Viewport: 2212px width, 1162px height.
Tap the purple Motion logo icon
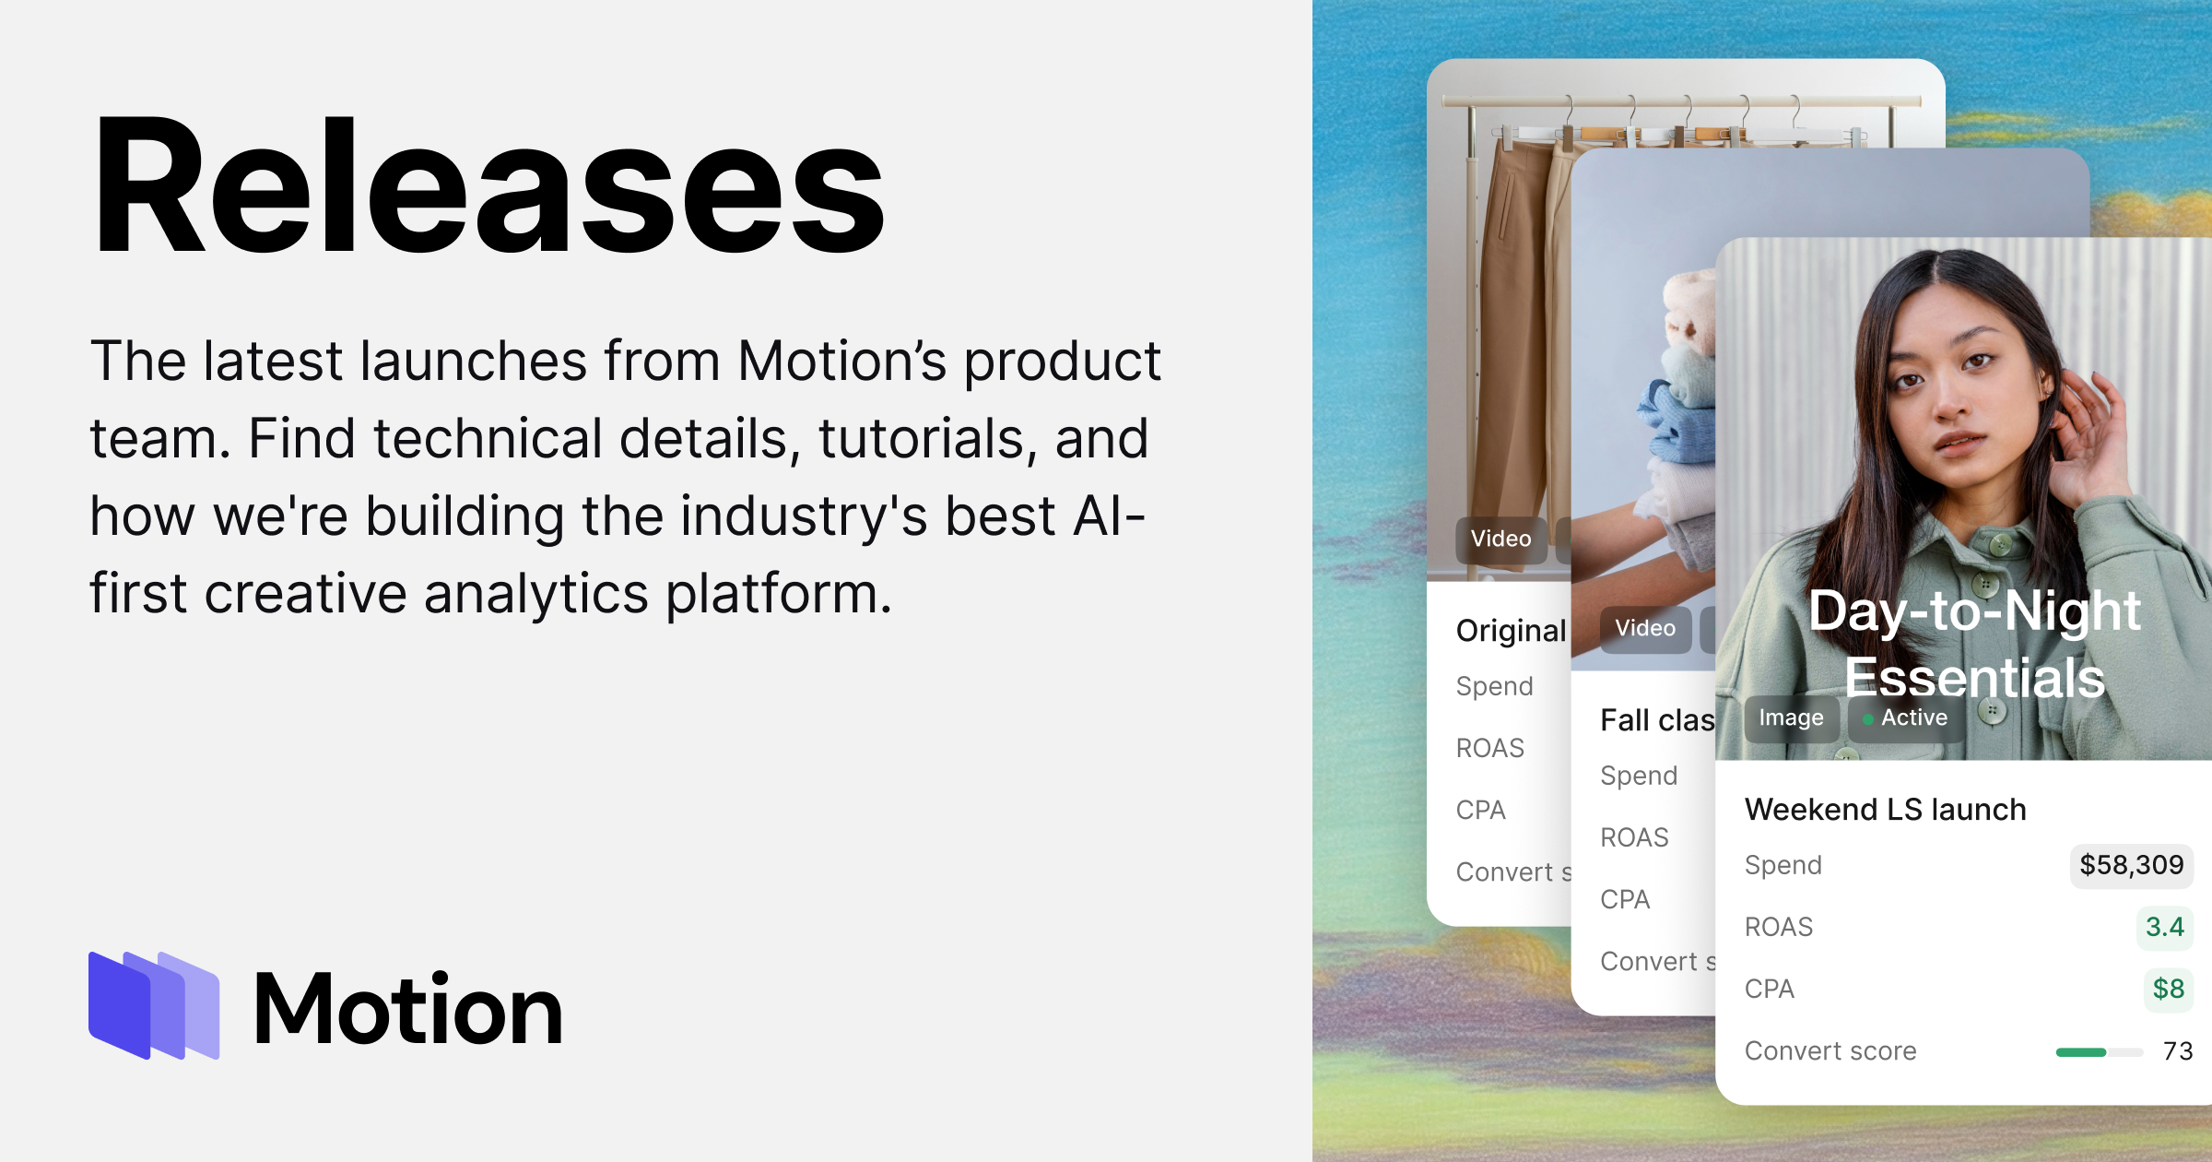click(x=154, y=1005)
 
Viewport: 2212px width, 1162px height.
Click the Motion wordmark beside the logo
click(x=407, y=1010)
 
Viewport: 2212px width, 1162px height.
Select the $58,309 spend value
click(x=2131, y=865)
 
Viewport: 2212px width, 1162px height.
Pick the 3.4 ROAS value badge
click(x=2164, y=927)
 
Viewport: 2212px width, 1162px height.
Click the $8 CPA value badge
click(x=2168, y=989)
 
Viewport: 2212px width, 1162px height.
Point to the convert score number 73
click(x=2177, y=1051)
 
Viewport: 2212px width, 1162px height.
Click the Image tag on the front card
click(x=1791, y=717)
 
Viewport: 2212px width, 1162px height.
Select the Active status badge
click(x=1905, y=717)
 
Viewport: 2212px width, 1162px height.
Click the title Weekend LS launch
click(x=1885, y=810)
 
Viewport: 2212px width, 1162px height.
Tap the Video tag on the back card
click(x=1500, y=539)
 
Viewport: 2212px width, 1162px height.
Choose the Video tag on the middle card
click(x=1645, y=629)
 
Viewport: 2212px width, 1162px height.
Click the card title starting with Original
click(x=1511, y=631)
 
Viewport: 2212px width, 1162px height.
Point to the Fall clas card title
click(x=1657, y=720)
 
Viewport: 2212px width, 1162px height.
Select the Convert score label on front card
click(x=1830, y=1051)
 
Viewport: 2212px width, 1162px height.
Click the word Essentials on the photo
click(x=1974, y=678)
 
